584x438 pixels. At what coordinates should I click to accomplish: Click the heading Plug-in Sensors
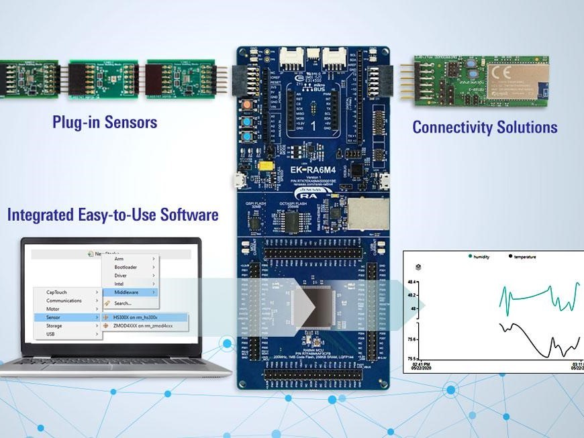point(105,122)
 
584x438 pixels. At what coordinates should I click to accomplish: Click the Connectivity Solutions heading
point(485,127)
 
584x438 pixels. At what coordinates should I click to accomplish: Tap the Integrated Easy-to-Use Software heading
point(113,215)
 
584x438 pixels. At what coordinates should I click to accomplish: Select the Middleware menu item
point(127,292)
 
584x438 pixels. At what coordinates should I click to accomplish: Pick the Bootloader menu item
point(127,267)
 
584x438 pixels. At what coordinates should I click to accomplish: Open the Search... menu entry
point(124,303)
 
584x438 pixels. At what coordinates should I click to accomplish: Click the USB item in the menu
point(52,334)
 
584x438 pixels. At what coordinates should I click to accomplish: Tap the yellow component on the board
point(266,165)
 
